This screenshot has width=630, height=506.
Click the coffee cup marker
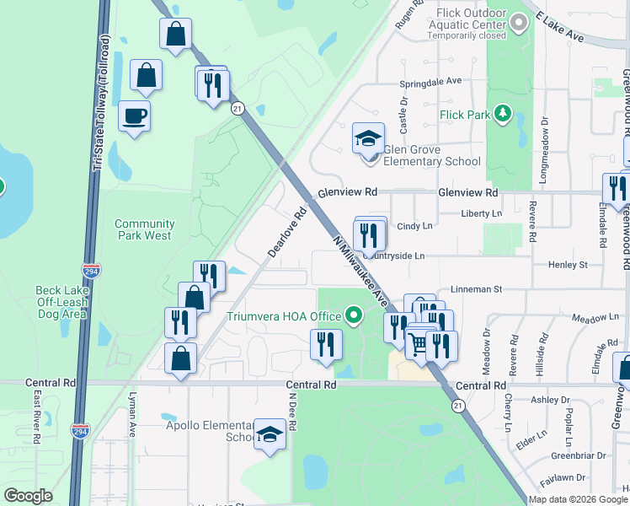pyautogui.click(x=134, y=116)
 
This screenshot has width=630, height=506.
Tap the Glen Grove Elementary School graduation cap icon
pyautogui.click(x=368, y=137)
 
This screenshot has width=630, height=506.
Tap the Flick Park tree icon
pyautogui.click(x=503, y=113)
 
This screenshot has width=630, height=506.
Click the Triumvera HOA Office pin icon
pyautogui.click(x=354, y=317)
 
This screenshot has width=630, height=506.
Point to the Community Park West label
pyautogui.click(x=143, y=229)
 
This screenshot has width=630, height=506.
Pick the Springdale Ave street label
pyautogui.click(x=430, y=82)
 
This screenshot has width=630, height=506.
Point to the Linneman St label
pyautogui.click(x=469, y=288)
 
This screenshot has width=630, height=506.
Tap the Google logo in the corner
pyautogui.click(x=28, y=496)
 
